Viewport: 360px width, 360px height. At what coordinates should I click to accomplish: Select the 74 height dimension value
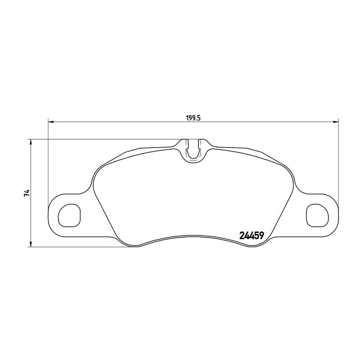[27, 193]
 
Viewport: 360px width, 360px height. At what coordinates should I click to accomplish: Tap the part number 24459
[252, 235]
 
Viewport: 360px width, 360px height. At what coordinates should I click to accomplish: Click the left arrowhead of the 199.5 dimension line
[51, 122]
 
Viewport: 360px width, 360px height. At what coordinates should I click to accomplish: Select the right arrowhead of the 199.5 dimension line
[336, 122]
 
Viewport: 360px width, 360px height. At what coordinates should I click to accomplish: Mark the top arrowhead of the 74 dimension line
[30, 142]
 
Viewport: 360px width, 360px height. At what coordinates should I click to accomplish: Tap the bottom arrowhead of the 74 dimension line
[30, 244]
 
